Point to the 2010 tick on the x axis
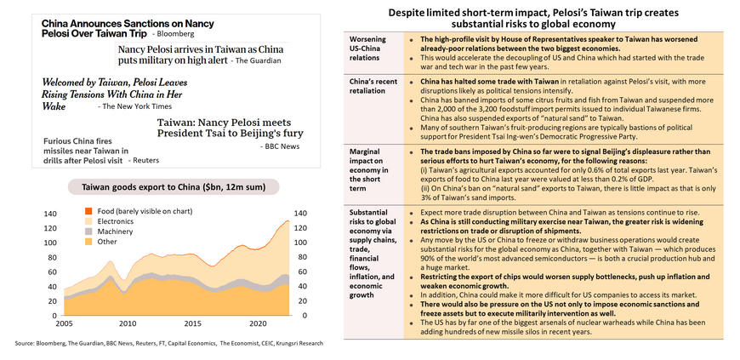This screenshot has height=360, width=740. [x=128, y=323]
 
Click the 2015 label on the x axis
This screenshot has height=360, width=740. [x=192, y=323]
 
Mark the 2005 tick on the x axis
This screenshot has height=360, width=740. [x=63, y=323]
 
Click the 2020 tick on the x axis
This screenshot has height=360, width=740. [x=257, y=323]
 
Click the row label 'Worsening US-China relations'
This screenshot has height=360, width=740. [x=368, y=51]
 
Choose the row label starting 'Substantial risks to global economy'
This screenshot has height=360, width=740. [x=372, y=252]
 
